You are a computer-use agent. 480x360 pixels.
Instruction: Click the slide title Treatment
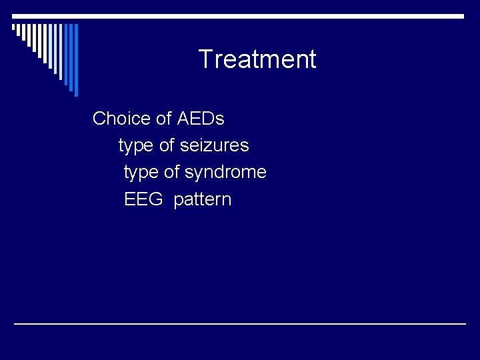(x=257, y=59)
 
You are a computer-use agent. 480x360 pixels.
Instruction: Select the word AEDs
(x=201, y=119)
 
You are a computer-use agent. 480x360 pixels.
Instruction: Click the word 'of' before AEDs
(x=163, y=119)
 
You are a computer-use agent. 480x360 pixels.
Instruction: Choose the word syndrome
(x=225, y=173)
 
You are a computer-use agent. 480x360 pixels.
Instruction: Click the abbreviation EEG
(x=143, y=199)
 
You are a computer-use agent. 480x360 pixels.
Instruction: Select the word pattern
(x=203, y=200)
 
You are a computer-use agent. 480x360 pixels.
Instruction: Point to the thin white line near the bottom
(x=240, y=324)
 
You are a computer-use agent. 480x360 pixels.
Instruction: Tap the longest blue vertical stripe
(x=75, y=60)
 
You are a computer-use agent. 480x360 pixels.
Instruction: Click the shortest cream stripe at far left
(x=14, y=28)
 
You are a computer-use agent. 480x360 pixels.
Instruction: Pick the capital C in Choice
(x=100, y=119)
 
